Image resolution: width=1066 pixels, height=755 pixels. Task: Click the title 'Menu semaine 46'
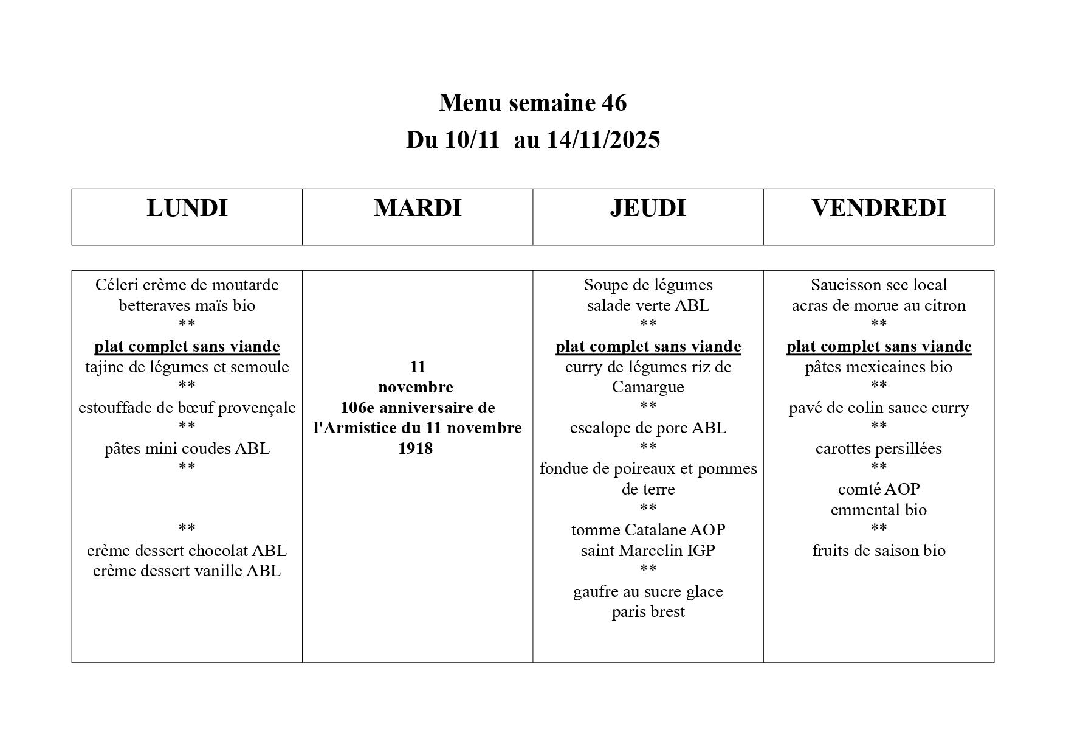pyautogui.click(x=532, y=103)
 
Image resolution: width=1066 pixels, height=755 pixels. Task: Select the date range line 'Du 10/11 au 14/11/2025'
pyautogui.click(x=532, y=141)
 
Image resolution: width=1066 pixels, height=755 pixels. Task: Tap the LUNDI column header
pyautogui.click(x=187, y=209)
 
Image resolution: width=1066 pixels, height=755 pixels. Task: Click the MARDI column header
pyautogui.click(x=418, y=209)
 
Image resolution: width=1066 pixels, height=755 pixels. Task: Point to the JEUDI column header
pyautogui.click(x=648, y=209)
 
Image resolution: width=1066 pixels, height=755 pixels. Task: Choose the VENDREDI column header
pyautogui.click(x=878, y=209)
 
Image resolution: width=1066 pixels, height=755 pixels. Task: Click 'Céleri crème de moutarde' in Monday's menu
pyautogui.click(x=187, y=285)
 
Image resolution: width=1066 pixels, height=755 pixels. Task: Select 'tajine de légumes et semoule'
pyautogui.click(x=187, y=367)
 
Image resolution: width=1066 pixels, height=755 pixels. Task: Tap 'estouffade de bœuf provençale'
pyautogui.click(x=187, y=408)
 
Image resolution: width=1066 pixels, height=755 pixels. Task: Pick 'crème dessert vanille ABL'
pyautogui.click(x=187, y=571)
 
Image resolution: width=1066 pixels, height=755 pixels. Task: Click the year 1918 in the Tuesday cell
pyautogui.click(x=416, y=448)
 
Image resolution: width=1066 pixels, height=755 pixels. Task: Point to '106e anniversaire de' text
pyautogui.click(x=418, y=408)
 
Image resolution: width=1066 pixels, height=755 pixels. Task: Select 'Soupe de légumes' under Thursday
pyautogui.click(x=648, y=285)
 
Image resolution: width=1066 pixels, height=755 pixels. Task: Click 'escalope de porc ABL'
pyautogui.click(x=648, y=428)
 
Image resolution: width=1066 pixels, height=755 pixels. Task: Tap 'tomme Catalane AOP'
pyautogui.click(x=648, y=530)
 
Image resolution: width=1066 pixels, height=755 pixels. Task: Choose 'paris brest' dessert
pyautogui.click(x=648, y=611)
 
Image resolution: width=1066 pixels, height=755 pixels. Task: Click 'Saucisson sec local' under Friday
pyautogui.click(x=878, y=285)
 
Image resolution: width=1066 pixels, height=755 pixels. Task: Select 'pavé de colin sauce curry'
pyautogui.click(x=878, y=408)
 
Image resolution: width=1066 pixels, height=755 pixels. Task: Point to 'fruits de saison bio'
pyautogui.click(x=878, y=551)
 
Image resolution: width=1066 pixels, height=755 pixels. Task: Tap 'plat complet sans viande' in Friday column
pyautogui.click(x=878, y=347)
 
